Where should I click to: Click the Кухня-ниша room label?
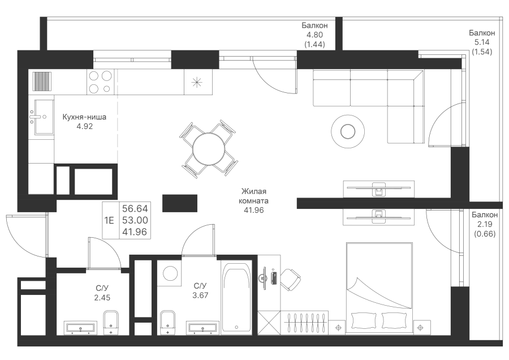(x=84, y=117)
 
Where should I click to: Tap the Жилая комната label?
(x=253, y=196)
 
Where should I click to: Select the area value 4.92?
(x=84, y=127)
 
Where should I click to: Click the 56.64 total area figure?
(x=135, y=208)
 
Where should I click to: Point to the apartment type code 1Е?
(x=109, y=221)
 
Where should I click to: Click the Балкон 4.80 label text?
(x=314, y=30)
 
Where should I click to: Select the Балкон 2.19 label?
(x=485, y=219)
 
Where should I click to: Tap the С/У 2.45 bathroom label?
(x=102, y=293)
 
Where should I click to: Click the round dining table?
(x=208, y=149)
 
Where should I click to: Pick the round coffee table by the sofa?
(x=348, y=131)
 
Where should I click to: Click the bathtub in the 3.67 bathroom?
(x=236, y=298)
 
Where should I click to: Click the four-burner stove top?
(x=100, y=82)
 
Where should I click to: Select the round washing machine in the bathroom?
(x=170, y=273)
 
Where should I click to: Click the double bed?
(x=379, y=288)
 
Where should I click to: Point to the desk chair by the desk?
(x=290, y=278)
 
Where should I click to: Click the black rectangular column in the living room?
(x=180, y=203)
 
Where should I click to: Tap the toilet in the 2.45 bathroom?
(x=111, y=322)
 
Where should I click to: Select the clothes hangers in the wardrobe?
(x=304, y=322)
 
